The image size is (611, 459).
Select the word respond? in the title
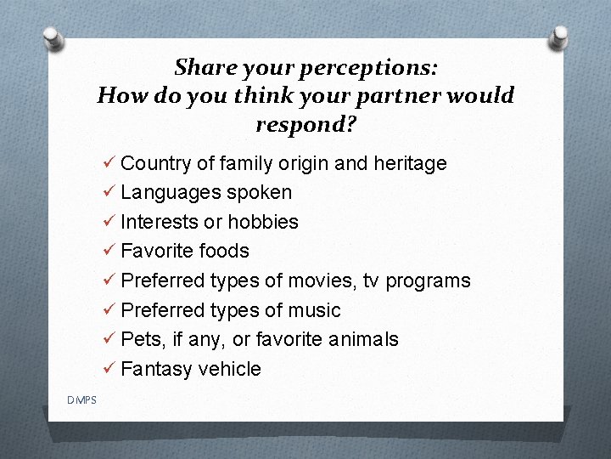click(x=305, y=124)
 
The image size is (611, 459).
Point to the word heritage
click(x=410, y=163)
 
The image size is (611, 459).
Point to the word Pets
click(x=138, y=339)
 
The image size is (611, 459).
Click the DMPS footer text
click(x=83, y=400)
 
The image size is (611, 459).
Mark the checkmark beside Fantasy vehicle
click(x=108, y=369)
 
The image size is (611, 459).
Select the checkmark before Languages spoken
click(x=108, y=193)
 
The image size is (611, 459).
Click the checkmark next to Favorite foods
click(x=108, y=251)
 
